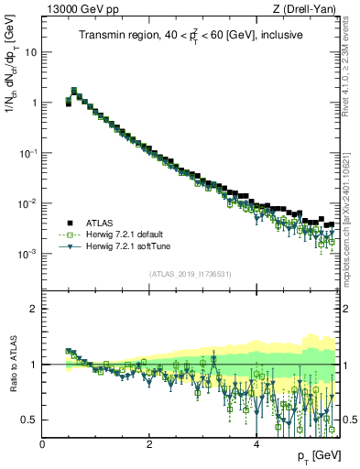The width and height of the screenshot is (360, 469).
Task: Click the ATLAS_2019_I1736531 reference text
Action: (x=191, y=274)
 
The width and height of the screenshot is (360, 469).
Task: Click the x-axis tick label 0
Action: (x=42, y=444)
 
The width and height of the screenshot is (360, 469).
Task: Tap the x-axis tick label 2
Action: (x=149, y=444)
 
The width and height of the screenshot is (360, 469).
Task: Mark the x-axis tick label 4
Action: (x=256, y=444)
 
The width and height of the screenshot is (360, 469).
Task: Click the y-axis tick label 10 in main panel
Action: (x=30, y=52)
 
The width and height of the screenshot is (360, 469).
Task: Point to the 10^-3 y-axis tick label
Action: (x=27, y=254)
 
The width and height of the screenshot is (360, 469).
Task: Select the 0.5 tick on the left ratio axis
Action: (x=30, y=420)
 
